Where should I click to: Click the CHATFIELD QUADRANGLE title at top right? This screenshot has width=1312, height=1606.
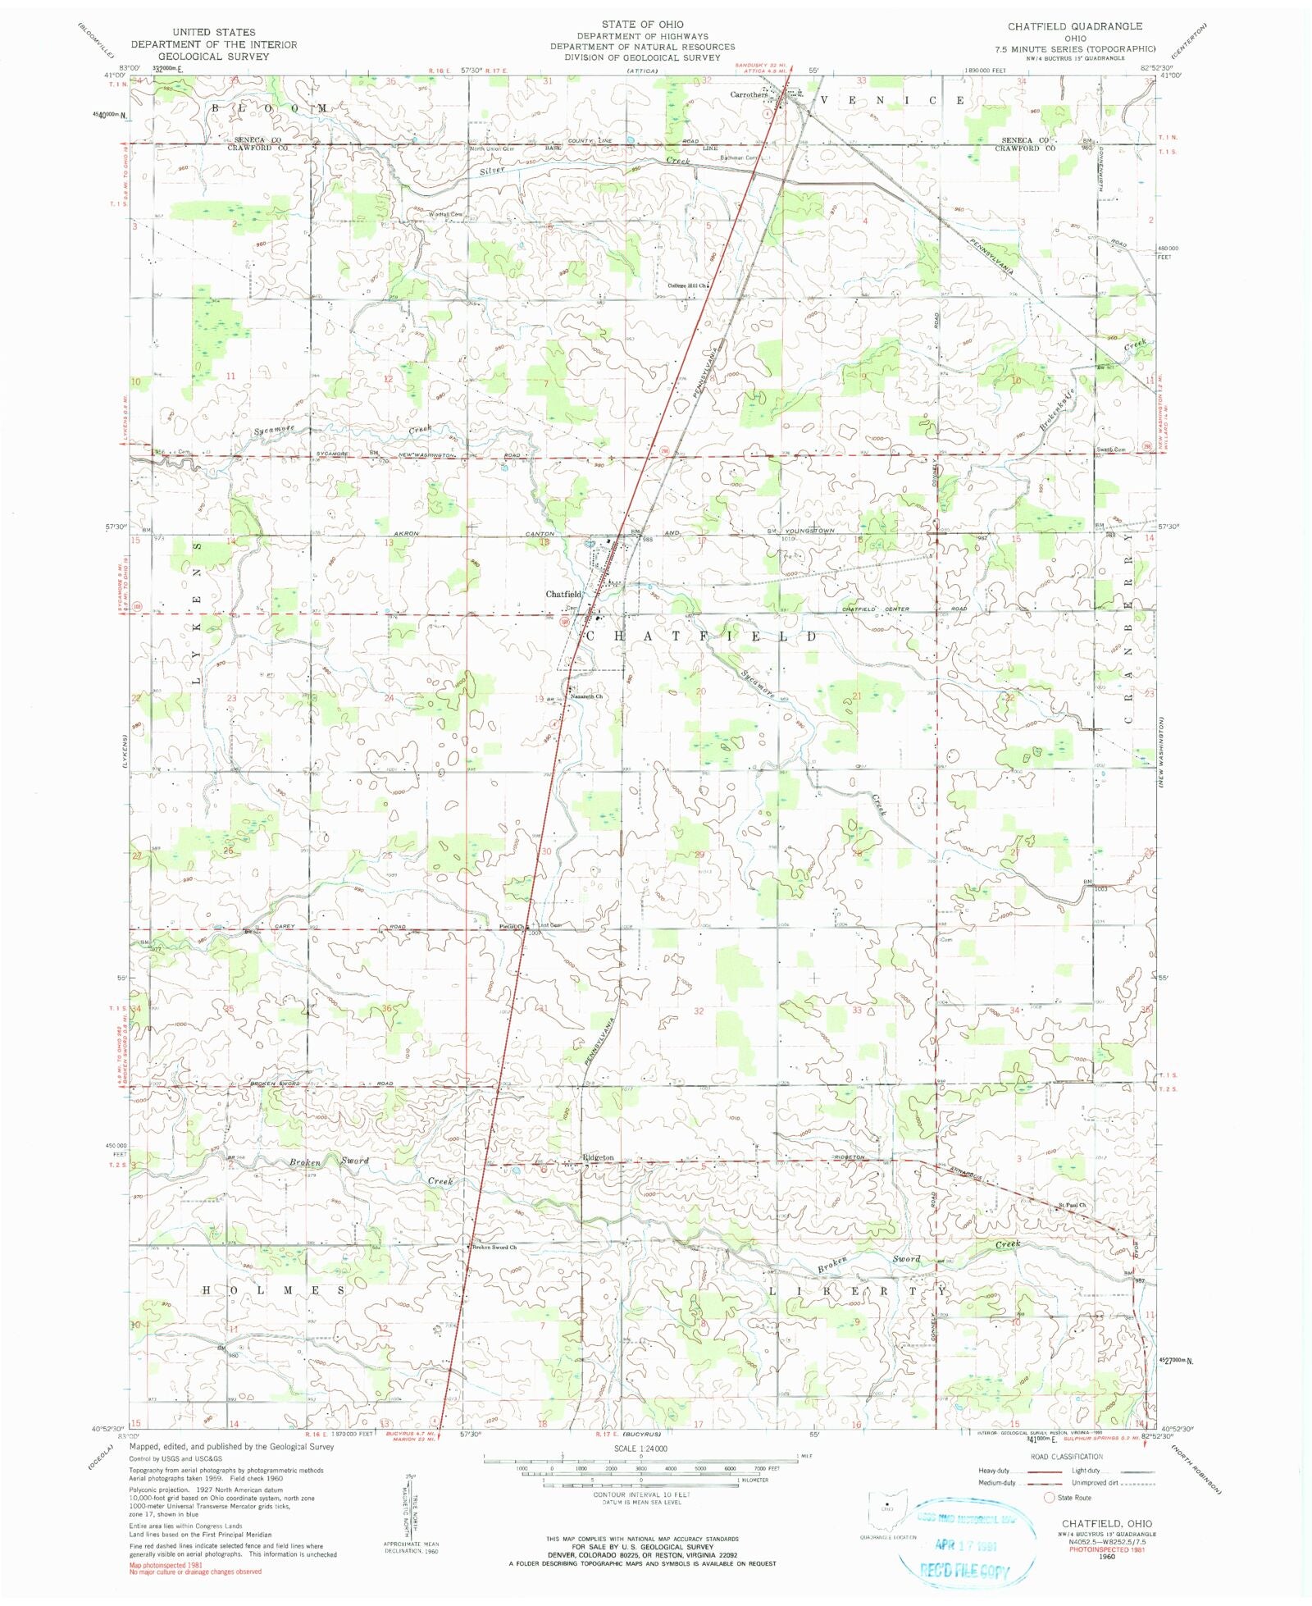[1074, 26]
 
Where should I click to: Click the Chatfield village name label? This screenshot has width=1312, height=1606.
[563, 594]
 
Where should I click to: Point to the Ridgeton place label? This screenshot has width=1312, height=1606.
[598, 1157]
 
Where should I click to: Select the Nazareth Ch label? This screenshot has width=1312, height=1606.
[587, 696]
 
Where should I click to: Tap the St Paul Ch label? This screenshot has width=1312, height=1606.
[1071, 1205]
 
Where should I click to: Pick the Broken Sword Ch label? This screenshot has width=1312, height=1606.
[494, 1248]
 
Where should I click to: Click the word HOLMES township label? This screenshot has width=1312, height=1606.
[274, 1290]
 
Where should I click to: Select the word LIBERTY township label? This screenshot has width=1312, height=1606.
[858, 1291]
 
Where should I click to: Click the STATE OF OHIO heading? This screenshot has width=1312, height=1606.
[642, 25]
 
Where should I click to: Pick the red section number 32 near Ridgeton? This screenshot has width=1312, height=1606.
[699, 1011]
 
